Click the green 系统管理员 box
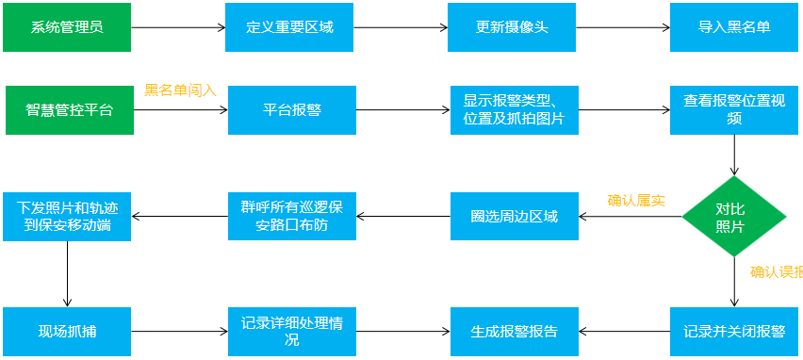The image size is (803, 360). (67, 26)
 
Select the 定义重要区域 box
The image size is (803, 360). (290, 26)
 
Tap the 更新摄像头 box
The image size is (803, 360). (512, 26)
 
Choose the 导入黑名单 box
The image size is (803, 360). (734, 26)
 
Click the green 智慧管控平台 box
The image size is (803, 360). (69, 110)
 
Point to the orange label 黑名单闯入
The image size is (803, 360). (180, 90)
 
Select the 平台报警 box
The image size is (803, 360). (291, 110)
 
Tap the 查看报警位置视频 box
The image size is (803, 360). (734, 110)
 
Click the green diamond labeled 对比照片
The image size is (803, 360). (734, 217)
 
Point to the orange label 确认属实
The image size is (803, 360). (636, 200)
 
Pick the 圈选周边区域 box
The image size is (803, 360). (514, 217)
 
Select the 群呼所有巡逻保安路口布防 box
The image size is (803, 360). (291, 216)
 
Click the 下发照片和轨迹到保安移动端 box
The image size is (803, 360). (68, 216)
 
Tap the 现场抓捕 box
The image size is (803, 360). (68, 331)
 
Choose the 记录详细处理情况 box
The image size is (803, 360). (291, 331)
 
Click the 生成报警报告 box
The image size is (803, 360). (514, 331)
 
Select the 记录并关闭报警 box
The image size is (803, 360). (734, 331)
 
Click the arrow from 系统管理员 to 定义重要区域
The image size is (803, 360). (178, 27)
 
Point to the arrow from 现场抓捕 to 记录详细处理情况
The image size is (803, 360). (180, 332)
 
